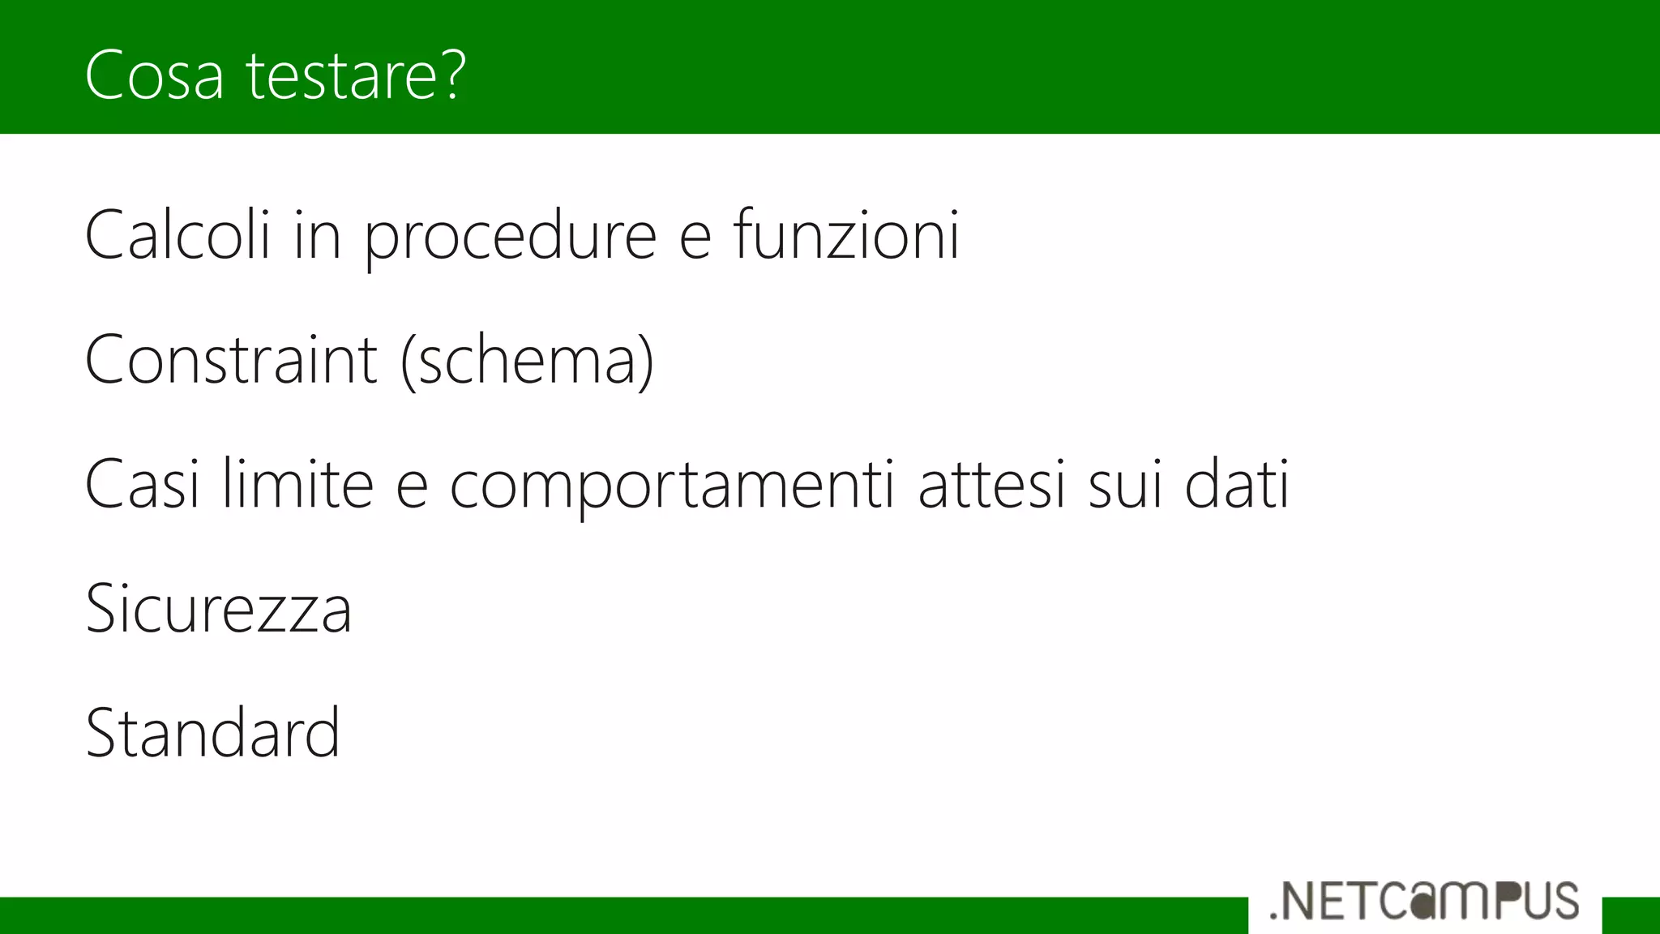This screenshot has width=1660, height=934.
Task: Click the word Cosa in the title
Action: [x=154, y=75]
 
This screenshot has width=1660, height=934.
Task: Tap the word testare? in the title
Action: [x=355, y=75]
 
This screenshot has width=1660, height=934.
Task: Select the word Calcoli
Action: [x=178, y=235]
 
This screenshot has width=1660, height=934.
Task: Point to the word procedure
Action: [x=510, y=237]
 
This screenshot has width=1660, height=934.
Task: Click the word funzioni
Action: [x=846, y=235]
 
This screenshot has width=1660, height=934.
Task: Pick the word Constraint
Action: [x=231, y=360]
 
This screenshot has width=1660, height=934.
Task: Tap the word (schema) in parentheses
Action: [x=528, y=362]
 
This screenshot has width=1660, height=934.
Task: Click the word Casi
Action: [x=142, y=485]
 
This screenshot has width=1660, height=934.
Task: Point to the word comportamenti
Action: [x=672, y=486]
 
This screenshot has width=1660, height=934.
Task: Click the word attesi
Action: [x=991, y=485]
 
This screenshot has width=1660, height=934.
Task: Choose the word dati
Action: [x=1237, y=485]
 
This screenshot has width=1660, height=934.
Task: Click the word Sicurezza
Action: [x=219, y=609]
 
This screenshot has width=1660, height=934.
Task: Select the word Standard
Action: [x=212, y=733]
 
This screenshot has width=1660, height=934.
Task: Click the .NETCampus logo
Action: [x=1424, y=901]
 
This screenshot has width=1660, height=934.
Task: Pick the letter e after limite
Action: [x=412, y=487]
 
